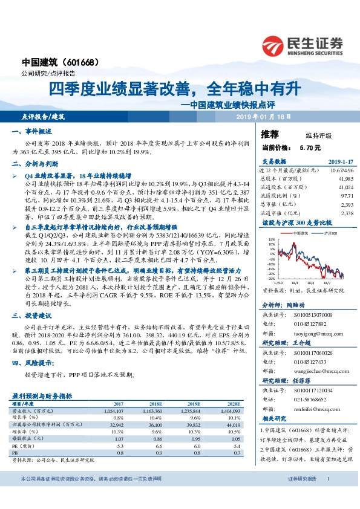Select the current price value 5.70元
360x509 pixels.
pyautogui.click(x=310, y=147)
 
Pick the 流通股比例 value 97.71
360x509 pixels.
pyautogui.click(x=344, y=196)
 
